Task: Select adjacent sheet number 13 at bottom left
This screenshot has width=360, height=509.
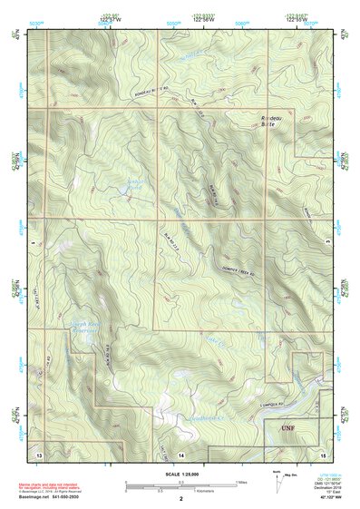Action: (x=38, y=452)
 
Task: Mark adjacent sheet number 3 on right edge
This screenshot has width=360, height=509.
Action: (x=327, y=241)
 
